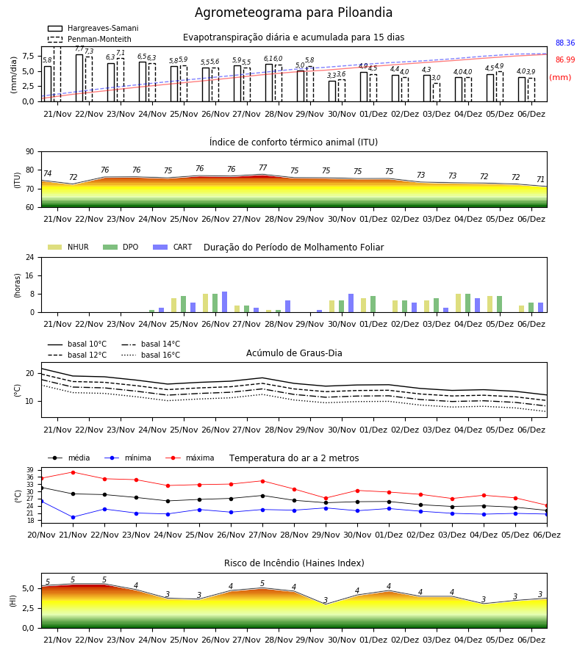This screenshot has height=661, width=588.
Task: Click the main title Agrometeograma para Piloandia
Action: pyautogui.click(x=293, y=12)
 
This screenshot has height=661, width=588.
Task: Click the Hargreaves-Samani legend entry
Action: pyautogui.click(x=93, y=28)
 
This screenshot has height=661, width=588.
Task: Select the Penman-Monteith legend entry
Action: pyautogui.click(x=90, y=39)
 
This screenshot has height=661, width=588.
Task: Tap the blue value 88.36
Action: pyautogui.click(x=565, y=43)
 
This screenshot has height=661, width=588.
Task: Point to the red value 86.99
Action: pyautogui.click(x=565, y=60)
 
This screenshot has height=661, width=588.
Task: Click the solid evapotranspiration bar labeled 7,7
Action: pyautogui.click(x=79, y=78)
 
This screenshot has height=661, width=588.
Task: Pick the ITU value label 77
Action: pyautogui.click(x=263, y=167)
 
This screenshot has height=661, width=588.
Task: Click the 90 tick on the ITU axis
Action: pyautogui.click(x=30, y=152)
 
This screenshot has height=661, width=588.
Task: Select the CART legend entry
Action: pyautogui.click(x=173, y=247)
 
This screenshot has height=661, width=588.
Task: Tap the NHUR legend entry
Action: pyautogui.click(x=68, y=247)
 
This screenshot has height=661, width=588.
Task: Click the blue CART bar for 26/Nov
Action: pyautogui.click(x=224, y=302)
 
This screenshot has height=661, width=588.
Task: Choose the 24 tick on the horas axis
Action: pyautogui.click(x=30, y=257)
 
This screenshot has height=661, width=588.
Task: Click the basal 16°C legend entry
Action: pyautogui.click(x=151, y=355)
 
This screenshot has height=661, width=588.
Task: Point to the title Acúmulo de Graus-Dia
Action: pyautogui.click(x=294, y=353)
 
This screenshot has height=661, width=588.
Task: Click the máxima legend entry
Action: pyautogui.click(x=190, y=458)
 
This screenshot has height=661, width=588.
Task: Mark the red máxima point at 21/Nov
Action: pyautogui.click(x=73, y=472)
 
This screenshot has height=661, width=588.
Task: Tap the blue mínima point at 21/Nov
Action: pyautogui.click(x=73, y=517)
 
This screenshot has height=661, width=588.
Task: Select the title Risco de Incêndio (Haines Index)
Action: pyautogui.click(x=294, y=563)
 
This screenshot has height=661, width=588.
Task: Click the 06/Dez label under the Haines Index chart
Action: pyautogui.click(x=531, y=640)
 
